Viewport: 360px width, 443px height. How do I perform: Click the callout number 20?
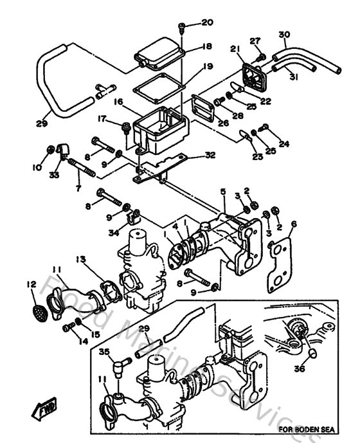click(206, 23)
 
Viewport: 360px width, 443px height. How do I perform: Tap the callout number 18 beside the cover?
click(206, 46)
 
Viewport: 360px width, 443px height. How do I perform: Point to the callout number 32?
click(210, 155)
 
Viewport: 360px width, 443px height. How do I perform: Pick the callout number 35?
click(104, 351)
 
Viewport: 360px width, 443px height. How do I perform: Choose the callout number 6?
click(294, 224)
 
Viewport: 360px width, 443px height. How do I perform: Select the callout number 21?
click(235, 50)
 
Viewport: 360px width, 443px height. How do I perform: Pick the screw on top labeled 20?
click(183, 27)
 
